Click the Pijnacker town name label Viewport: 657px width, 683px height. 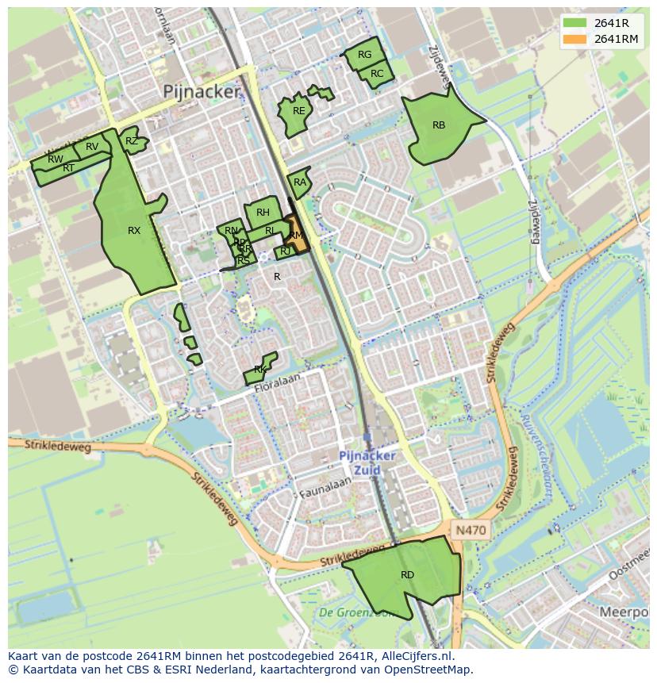click(201, 91)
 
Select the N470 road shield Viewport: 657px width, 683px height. click(471, 529)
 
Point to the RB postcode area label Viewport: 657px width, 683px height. click(439, 125)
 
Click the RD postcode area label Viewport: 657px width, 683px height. click(407, 575)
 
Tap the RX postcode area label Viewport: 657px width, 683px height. click(134, 231)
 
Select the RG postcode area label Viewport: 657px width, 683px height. click(364, 55)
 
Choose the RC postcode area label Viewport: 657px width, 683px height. click(377, 74)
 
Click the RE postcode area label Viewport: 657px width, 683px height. click(298, 111)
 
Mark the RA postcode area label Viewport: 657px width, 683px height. click(299, 182)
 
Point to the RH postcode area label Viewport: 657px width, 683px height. click(263, 212)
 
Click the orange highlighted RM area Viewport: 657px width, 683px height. click(297, 236)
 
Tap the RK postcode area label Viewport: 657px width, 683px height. click(260, 370)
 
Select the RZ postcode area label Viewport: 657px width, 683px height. click(132, 141)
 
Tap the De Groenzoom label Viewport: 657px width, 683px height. click(356, 612)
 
